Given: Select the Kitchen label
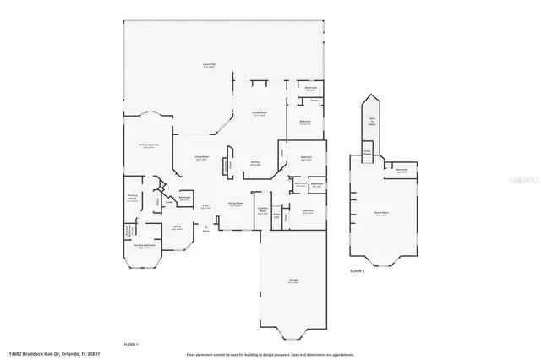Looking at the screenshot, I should pos(255,164).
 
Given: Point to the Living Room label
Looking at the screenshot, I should pos(202,158).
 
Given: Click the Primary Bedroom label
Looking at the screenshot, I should pos(149,145).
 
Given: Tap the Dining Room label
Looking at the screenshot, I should pos(236,204).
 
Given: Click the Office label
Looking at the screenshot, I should pos(178,227).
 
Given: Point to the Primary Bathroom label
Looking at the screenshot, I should pos(143,247).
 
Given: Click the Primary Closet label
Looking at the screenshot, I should pos(133,199).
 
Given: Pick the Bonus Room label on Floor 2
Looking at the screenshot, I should pos(381,215).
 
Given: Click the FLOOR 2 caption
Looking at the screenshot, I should pos(358,271).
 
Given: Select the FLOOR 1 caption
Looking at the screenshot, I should pos(131,344).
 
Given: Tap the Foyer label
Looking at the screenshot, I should pos(205,206).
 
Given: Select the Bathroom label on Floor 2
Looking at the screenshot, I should pos(402,172).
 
